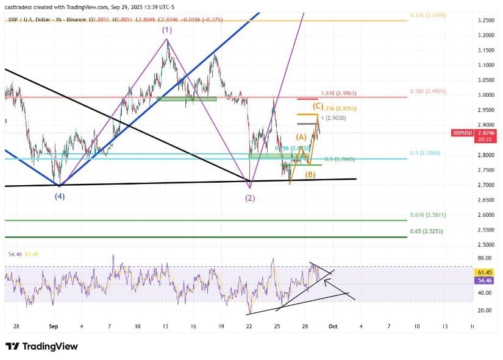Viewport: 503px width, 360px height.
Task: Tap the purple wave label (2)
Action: pos(250,199)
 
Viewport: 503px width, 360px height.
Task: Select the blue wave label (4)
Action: pos(59,196)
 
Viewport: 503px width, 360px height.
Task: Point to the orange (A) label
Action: pos(301,137)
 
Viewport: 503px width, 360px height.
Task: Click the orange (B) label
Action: pos(310,175)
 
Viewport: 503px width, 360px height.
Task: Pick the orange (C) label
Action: pos(318,105)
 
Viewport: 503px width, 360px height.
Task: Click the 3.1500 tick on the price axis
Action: pos(485,50)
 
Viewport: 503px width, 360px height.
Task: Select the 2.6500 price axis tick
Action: pos(485,200)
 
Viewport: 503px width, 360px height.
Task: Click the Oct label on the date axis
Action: pos(333,326)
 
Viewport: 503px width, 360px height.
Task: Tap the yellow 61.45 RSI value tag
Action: pos(485,273)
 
